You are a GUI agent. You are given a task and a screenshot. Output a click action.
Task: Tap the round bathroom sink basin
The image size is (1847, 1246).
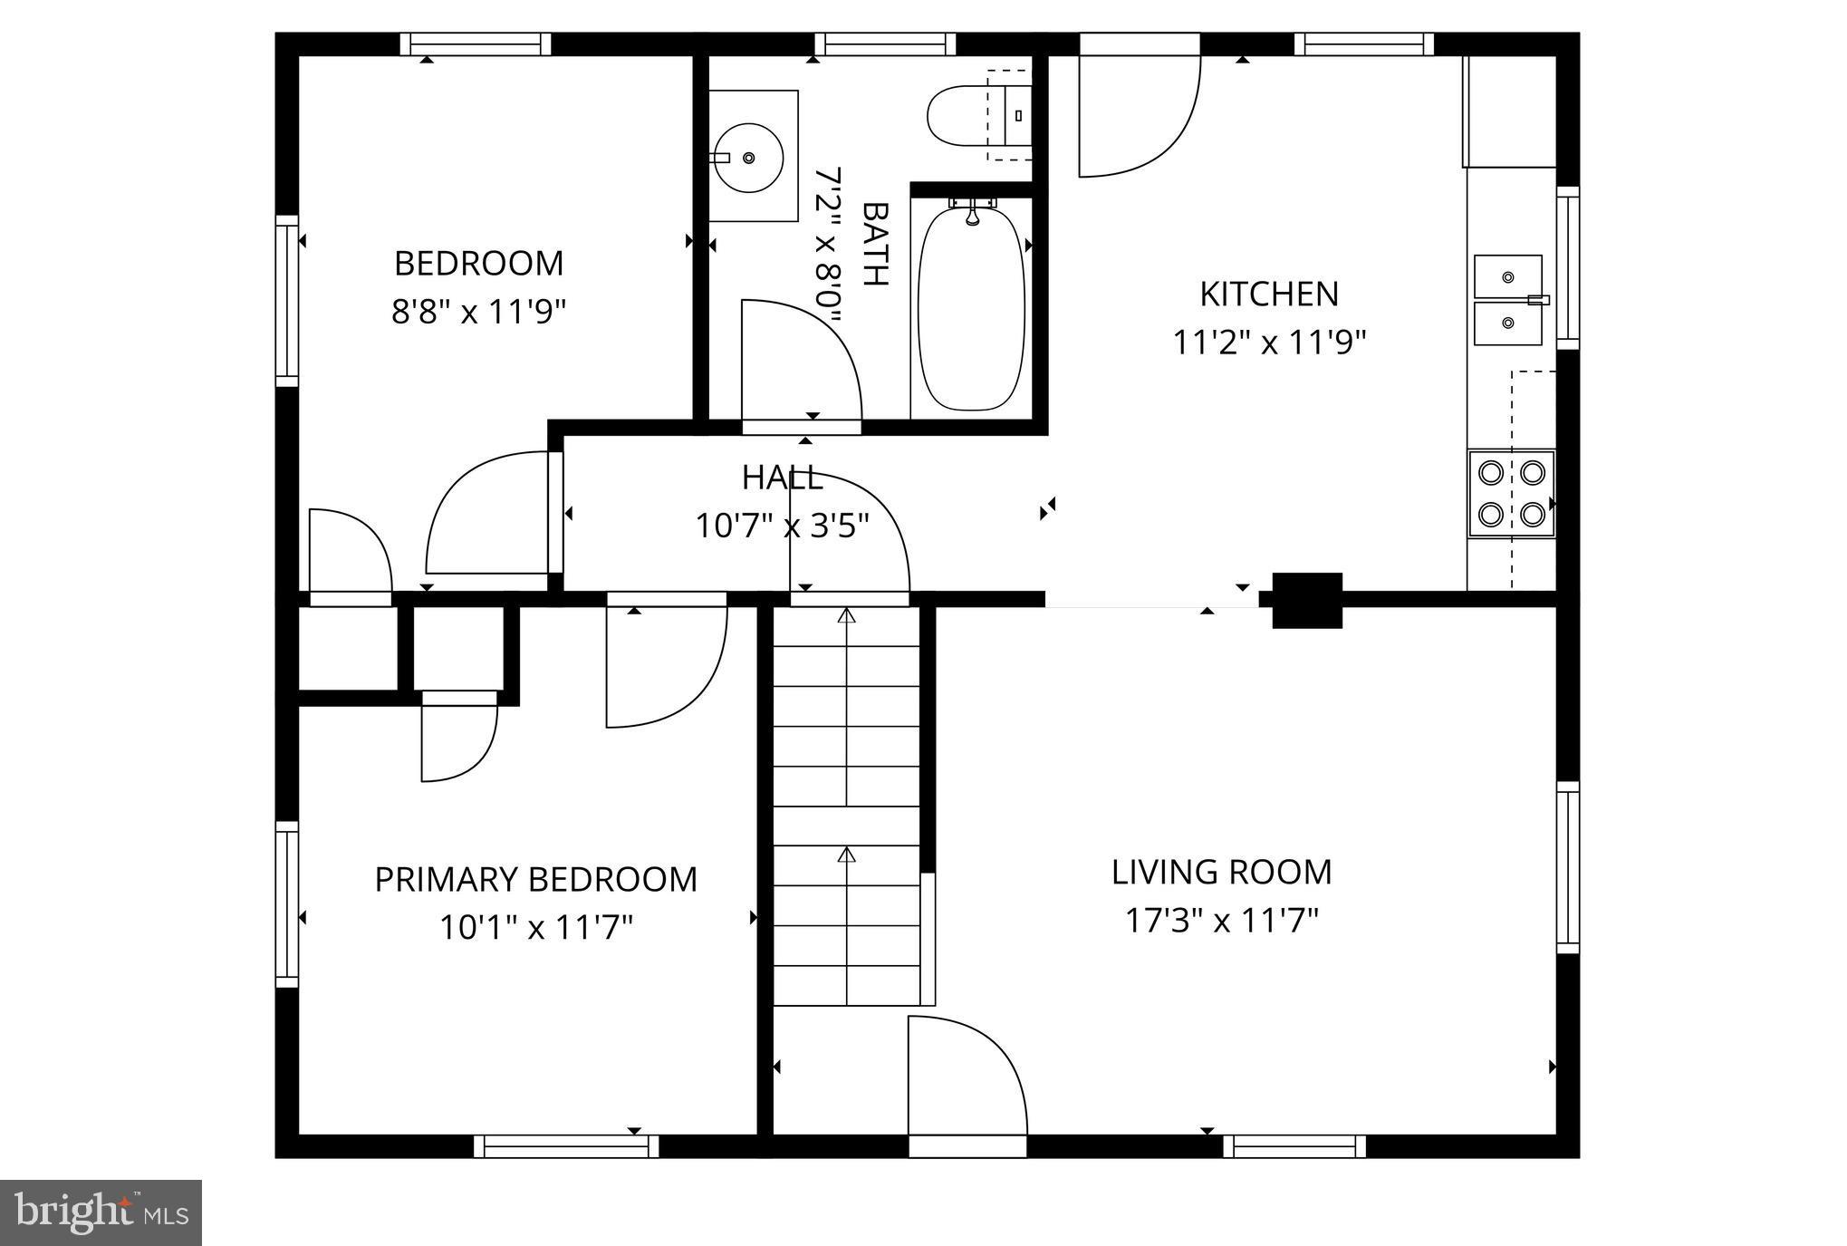tap(746, 158)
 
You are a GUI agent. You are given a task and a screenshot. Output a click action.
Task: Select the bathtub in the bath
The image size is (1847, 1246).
tap(971, 308)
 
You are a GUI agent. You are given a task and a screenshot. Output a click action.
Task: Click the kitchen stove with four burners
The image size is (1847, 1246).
tap(1511, 494)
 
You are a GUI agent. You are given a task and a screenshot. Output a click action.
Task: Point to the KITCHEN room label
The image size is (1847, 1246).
tap(1268, 294)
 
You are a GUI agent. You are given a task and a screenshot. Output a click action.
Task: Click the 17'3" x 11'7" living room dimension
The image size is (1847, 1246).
tap(1221, 921)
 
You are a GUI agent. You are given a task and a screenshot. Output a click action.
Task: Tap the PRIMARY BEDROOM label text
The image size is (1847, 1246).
tap(536, 879)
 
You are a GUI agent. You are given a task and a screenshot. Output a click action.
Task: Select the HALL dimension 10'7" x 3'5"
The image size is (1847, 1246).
tap(782, 526)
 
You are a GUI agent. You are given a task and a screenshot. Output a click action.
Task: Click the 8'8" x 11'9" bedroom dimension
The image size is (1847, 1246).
tap(478, 312)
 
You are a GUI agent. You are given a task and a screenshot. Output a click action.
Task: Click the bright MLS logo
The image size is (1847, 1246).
tap(101, 1212)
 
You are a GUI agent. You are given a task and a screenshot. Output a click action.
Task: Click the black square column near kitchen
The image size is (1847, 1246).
tap(1306, 600)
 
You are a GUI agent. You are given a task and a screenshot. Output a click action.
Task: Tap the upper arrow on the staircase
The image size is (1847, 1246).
tap(846, 617)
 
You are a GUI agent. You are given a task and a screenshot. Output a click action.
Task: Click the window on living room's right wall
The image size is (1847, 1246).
tap(1567, 867)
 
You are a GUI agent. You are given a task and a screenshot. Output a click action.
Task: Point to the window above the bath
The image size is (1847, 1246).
tap(885, 43)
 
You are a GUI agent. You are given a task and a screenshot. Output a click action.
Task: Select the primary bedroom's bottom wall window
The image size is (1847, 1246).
tap(566, 1146)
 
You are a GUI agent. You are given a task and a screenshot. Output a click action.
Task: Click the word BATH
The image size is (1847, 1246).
tap(874, 243)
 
